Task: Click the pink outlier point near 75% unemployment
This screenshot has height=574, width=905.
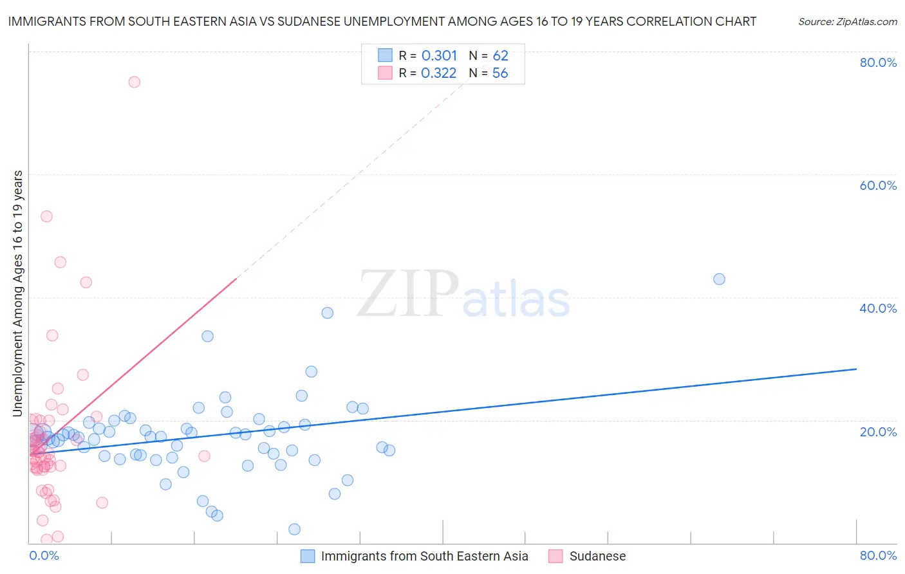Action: (134, 82)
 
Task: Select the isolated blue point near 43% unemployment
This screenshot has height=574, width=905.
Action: (719, 279)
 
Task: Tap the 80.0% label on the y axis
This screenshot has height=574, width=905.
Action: (878, 62)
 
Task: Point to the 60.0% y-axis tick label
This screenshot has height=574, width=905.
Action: (878, 185)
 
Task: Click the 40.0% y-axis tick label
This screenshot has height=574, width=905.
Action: (878, 308)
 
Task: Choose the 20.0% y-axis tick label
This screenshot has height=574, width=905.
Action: (878, 432)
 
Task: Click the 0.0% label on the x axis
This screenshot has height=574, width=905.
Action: (44, 555)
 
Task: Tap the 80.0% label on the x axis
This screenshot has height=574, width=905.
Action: (878, 555)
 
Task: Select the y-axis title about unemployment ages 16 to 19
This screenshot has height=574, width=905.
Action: (18, 293)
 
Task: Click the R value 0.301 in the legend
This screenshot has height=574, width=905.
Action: (439, 56)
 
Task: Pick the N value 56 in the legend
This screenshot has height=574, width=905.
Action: (500, 73)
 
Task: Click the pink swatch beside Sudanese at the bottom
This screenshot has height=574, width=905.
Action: (555, 556)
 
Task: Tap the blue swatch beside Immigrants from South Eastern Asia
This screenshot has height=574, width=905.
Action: (308, 556)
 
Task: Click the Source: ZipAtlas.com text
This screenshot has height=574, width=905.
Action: (847, 22)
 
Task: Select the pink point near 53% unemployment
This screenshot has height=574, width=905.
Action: (46, 216)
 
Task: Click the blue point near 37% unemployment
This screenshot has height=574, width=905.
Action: (327, 313)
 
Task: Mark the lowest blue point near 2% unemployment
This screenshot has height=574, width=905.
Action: (294, 529)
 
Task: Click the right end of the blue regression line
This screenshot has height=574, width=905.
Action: (856, 369)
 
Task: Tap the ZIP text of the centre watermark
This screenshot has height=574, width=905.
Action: (408, 295)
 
